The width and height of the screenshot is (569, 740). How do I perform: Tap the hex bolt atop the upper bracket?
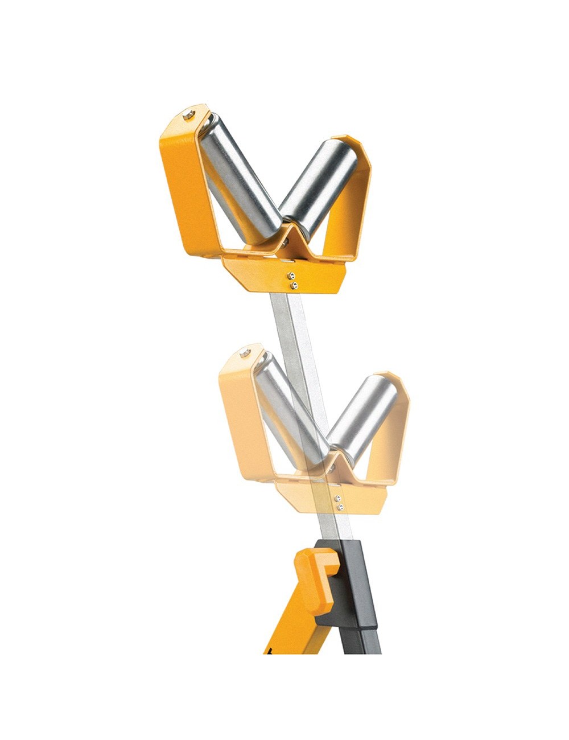pos(189,116)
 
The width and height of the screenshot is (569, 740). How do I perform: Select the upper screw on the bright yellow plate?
pos(293,276)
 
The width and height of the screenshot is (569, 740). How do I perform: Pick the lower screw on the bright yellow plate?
pos(294,284)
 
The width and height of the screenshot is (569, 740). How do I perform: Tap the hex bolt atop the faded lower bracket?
pos(245,353)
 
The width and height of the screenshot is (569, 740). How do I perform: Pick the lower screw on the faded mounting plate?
pos(340,506)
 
